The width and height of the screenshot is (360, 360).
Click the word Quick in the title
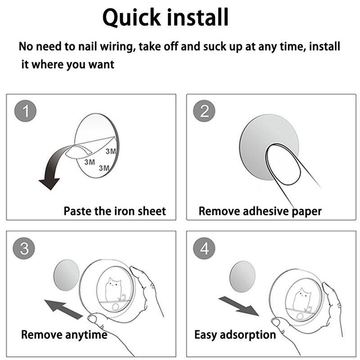(131, 18)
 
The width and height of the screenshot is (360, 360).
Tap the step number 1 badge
(25, 111)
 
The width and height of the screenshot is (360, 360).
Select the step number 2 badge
(204, 111)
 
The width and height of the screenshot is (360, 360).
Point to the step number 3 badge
(24, 248)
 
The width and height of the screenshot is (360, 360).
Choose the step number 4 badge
(204, 248)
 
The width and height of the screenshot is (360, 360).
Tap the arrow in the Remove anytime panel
(63, 309)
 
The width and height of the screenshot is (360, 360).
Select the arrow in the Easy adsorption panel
(239, 306)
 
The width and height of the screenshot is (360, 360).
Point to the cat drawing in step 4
(302, 300)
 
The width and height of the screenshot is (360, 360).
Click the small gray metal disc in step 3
(66, 275)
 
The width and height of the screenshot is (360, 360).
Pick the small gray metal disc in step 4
(243, 276)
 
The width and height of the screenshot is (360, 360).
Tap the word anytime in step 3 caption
(86, 335)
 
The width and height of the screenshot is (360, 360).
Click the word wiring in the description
(118, 47)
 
